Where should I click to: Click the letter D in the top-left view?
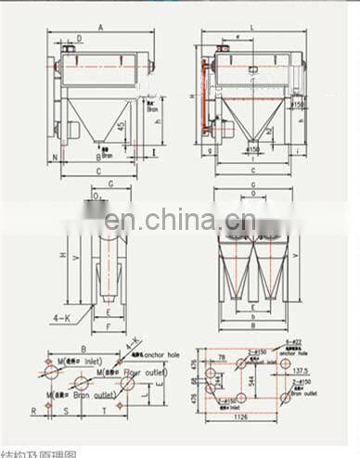[80, 37]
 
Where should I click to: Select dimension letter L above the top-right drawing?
[252, 30]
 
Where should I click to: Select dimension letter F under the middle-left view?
[109, 326]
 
